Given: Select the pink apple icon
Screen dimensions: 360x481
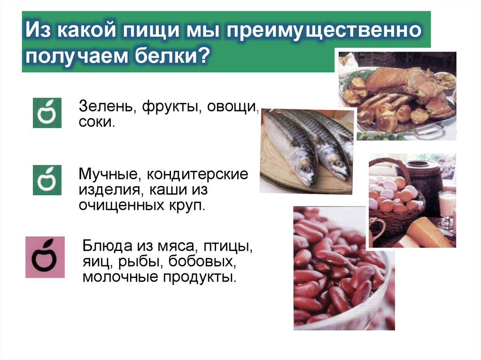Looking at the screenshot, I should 45,257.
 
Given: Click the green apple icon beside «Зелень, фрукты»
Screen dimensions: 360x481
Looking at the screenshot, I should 47,113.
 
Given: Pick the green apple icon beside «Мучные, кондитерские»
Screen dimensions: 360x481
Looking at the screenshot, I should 47,180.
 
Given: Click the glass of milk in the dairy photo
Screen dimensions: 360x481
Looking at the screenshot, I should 446,207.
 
